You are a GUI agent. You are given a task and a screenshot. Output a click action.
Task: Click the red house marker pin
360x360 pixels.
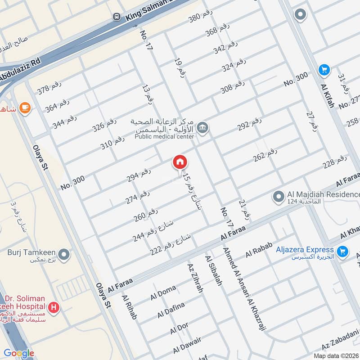pyautogui.click(x=180, y=162)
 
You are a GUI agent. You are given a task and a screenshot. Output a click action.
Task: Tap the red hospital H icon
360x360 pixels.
pyautogui.click(x=54, y=308)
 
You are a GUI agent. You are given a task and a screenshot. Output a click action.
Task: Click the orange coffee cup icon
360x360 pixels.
pyautogui.click(x=25, y=108)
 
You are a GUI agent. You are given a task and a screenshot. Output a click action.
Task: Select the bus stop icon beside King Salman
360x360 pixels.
pyautogui.click(x=117, y=17)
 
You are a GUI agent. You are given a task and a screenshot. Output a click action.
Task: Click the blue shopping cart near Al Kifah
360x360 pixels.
pyautogui.click(x=324, y=70)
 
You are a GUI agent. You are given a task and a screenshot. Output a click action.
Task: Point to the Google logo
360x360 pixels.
pyautogui.click(x=19, y=353)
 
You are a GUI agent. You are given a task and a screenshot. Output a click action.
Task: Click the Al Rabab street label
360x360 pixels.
pyautogui.click(x=260, y=250)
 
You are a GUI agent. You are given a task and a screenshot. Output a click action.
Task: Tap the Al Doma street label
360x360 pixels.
pyautogui.click(x=163, y=293)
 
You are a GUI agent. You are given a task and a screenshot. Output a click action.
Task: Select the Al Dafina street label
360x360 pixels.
pyautogui.click(x=171, y=310)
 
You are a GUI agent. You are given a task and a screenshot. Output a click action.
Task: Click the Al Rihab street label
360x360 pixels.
pyautogui.click(x=129, y=307)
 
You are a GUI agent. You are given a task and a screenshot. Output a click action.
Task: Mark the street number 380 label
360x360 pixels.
pyautogui.click(x=200, y=18)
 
